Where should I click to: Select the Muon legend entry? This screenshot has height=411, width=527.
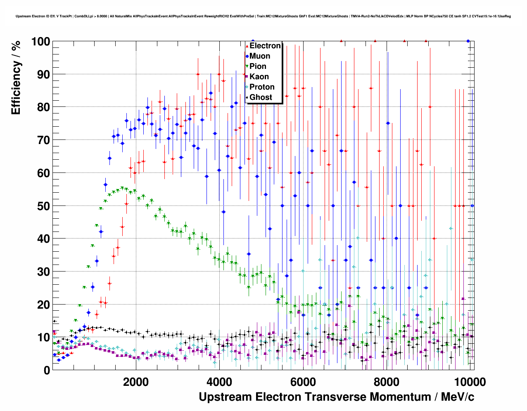coord(260,56)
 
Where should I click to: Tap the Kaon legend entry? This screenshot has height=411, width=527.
coord(259,77)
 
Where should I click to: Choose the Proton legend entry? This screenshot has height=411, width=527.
coord(262,87)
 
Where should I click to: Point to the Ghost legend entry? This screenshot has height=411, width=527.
coord(261,97)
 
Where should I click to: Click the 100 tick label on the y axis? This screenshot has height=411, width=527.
coord(40,42)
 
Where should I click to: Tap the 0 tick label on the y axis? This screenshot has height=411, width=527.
coord(47,370)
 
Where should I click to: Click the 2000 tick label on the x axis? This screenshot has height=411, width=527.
coord(136,382)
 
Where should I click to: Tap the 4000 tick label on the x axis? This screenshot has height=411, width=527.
coord(219,382)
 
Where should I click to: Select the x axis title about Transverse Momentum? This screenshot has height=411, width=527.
coord(336,397)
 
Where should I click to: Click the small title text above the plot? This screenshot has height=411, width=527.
coord(263,17)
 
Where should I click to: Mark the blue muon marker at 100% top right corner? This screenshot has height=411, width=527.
coord(468,41)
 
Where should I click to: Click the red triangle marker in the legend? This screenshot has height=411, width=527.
coord(247,46)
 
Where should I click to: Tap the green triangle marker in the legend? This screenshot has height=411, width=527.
coord(247,66)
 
